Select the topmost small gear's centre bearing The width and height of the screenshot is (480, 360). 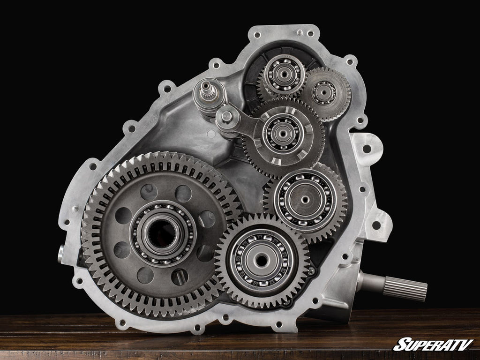pos(284,74)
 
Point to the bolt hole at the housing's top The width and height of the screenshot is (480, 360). pos(256,35)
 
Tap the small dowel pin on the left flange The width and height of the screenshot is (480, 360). pos(75,208)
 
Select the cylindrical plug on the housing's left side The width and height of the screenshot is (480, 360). pos(61,254)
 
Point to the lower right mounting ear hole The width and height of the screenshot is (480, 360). pos(376,225)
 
